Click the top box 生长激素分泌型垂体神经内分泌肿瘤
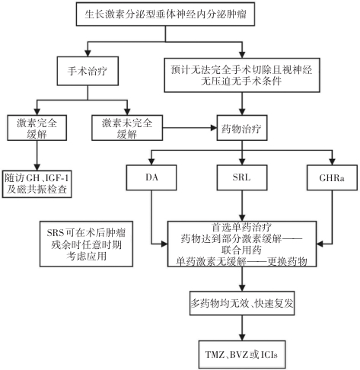165,14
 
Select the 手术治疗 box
88,71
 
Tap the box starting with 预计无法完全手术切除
242,75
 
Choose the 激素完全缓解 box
37,128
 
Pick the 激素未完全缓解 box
127,128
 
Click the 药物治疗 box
242,128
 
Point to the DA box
151,177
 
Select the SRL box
242,177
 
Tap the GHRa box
332,177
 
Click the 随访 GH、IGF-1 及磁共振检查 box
37,184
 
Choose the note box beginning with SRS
86,244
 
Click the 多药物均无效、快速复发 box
242,303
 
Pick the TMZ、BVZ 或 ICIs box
242,355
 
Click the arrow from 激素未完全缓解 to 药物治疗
190,128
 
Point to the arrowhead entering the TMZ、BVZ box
242,337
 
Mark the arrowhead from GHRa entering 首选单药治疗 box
320,244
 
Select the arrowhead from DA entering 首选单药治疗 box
164,244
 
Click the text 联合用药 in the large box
241,250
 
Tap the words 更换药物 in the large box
288,261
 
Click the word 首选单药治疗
241,227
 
